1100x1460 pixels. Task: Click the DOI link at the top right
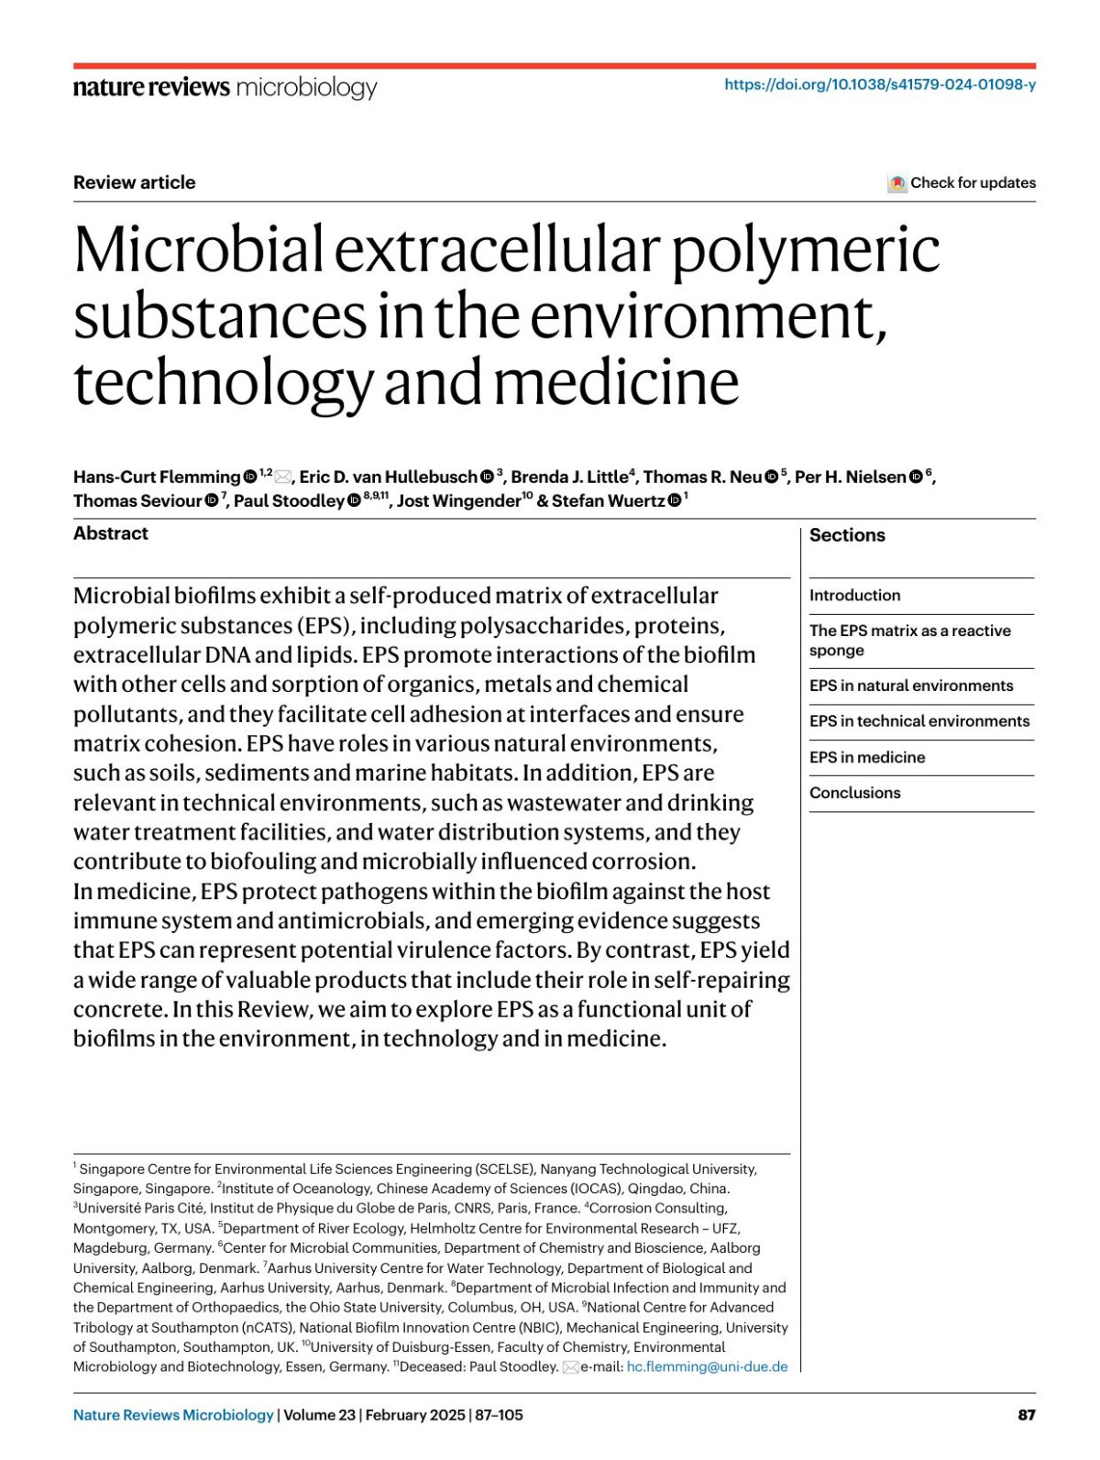(880, 84)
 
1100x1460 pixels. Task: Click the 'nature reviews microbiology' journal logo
(225, 87)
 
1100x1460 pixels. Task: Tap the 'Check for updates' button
(962, 182)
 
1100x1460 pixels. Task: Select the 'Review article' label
(135, 182)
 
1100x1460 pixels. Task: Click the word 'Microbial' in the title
(198, 249)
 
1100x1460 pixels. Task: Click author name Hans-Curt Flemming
(157, 477)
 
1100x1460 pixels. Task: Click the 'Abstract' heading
(111, 533)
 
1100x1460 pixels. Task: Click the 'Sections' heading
(847, 535)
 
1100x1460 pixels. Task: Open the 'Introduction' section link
(854, 595)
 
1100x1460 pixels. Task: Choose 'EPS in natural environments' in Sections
(911, 686)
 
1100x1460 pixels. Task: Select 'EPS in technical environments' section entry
(919, 721)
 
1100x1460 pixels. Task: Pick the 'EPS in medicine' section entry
(867, 757)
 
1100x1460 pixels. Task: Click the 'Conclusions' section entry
(854, 793)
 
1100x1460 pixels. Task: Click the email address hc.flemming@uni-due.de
(707, 1367)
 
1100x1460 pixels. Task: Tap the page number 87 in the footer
(1027, 1414)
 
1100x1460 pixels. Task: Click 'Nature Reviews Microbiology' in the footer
(173, 1414)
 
